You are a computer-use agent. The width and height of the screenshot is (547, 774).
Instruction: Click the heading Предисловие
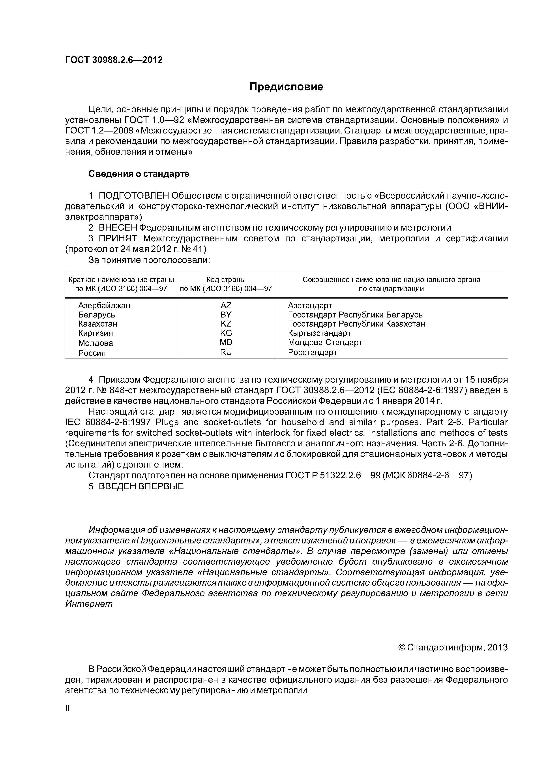[x=286, y=87]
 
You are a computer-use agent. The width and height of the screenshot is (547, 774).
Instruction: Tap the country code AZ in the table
[x=226, y=305]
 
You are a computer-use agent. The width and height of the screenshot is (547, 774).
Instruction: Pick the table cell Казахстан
[x=98, y=324]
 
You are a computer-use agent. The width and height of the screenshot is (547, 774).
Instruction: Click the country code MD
[x=226, y=342]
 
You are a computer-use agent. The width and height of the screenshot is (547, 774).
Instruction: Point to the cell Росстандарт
[x=312, y=353]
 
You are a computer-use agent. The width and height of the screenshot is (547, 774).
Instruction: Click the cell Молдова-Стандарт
[x=325, y=342]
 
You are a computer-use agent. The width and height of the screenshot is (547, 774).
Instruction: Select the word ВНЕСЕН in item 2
[x=118, y=228]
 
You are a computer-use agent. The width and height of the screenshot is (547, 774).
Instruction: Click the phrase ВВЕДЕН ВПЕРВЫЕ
[x=141, y=487]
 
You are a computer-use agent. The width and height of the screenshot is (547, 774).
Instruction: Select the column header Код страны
[x=226, y=280]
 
